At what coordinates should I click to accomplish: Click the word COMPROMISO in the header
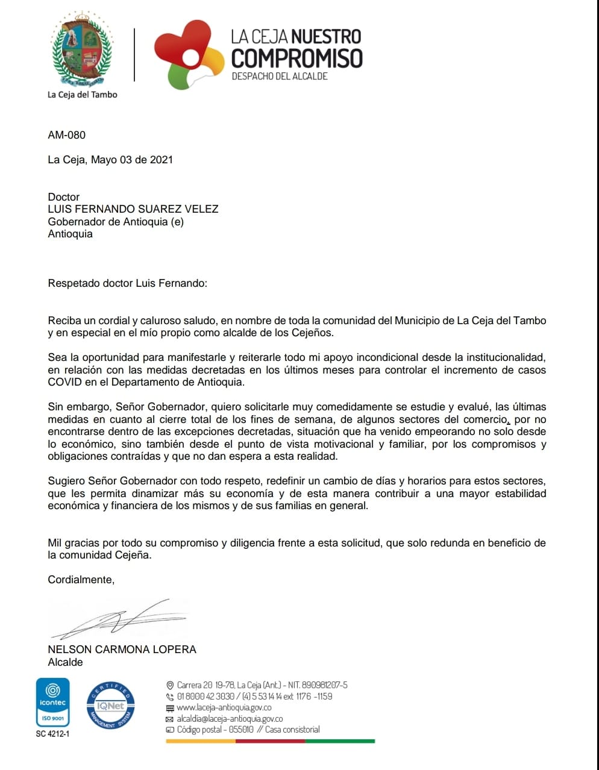click(x=296, y=58)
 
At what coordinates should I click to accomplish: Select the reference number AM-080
click(x=67, y=135)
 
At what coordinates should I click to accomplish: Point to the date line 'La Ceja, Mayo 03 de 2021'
click(x=110, y=160)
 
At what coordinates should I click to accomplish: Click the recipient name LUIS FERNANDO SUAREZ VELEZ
click(x=133, y=209)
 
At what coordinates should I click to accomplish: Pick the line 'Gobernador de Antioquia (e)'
click(x=116, y=222)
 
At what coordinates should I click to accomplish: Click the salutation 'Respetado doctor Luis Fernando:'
click(x=127, y=283)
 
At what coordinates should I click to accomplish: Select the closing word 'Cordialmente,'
click(x=81, y=580)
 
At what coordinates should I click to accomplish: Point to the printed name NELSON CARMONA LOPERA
click(x=122, y=649)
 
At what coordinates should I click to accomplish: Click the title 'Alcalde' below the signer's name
click(x=65, y=662)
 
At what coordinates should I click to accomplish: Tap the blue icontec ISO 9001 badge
click(x=52, y=703)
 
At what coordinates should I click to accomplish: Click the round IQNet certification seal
click(x=110, y=706)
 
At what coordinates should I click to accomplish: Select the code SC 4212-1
click(x=52, y=734)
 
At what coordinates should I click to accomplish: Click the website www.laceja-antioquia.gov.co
click(x=224, y=707)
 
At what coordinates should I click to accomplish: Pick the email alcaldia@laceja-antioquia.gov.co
click(x=229, y=719)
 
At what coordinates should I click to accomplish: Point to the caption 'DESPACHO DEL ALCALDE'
click(x=280, y=77)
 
